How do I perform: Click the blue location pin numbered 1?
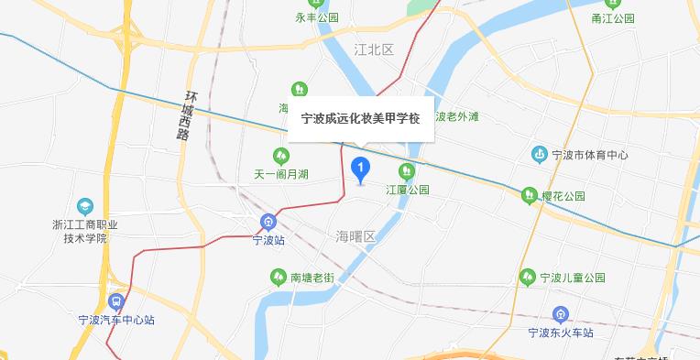click(361, 169)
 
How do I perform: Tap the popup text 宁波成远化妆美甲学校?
click(361, 118)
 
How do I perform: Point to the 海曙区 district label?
click(356, 236)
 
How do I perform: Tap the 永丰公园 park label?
click(317, 17)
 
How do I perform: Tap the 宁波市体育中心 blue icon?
click(541, 154)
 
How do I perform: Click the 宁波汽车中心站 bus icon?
click(116, 300)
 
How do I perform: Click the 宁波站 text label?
click(268, 241)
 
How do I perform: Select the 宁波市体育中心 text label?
click(591, 155)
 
